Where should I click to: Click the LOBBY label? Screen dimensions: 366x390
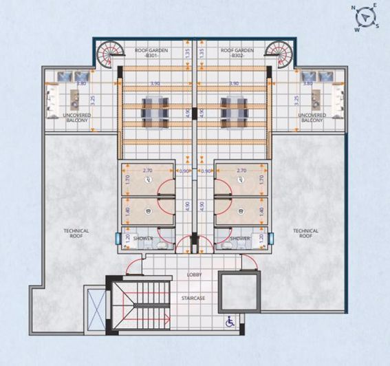195,274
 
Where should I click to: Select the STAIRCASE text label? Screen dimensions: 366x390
195,298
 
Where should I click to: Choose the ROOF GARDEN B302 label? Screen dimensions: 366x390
238,53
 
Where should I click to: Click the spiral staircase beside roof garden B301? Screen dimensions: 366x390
107,54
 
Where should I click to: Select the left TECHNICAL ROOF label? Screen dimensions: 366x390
76,233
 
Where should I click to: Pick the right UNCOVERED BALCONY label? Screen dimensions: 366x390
312,118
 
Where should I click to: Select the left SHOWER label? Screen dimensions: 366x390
143,238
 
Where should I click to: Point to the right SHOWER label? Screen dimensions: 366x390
240,238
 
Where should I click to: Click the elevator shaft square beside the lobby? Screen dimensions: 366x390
239,292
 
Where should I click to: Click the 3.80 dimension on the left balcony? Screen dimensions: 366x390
80,83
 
